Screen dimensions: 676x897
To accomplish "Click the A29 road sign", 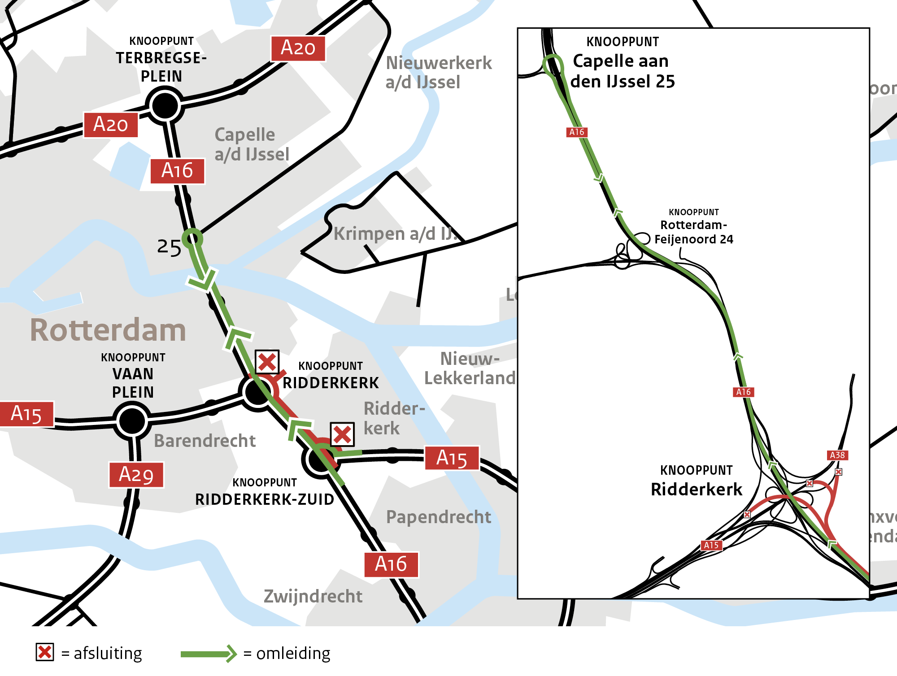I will click(x=136, y=474).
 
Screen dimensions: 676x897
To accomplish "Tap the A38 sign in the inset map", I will click(x=837, y=455).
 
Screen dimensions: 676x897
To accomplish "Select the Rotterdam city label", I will click(x=108, y=330).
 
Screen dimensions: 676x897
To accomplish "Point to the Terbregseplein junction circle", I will click(x=165, y=106).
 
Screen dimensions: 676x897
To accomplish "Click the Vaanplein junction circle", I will click(x=132, y=420).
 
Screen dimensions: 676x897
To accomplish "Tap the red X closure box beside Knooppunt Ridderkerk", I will click(x=267, y=362).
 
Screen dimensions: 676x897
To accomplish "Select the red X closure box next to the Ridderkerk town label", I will click(x=342, y=434).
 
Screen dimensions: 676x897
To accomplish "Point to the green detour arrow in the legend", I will click(x=209, y=654).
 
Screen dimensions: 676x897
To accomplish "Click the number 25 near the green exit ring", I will click(x=169, y=247).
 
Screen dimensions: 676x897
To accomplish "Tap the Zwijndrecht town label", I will click(x=313, y=596).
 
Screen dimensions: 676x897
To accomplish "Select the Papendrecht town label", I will click(x=438, y=517).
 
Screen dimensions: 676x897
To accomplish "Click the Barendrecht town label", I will click(x=205, y=441).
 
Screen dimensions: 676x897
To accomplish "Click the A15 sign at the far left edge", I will click(x=26, y=413).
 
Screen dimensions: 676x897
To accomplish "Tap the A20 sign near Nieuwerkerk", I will click(x=298, y=48).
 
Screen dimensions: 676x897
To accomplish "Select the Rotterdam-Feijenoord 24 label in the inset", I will click(x=693, y=231).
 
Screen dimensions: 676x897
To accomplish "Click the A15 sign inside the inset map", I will click(x=711, y=545).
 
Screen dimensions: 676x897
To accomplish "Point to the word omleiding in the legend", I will click(x=293, y=654).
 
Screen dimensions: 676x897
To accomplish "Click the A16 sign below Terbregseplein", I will click(x=177, y=171).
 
